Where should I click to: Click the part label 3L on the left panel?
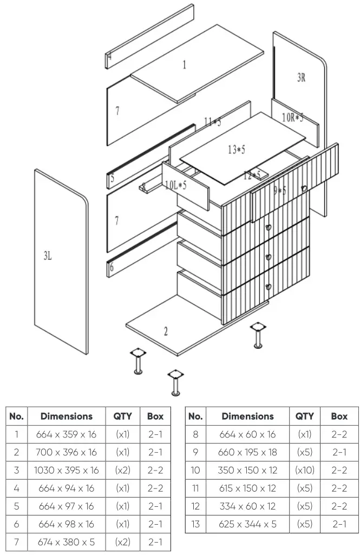coord(48,256)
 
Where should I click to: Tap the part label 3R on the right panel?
coord(301,77)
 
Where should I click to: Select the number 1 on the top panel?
coord(184,64)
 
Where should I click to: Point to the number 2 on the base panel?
coord(166,331)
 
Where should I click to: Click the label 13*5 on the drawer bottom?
coord(236,149)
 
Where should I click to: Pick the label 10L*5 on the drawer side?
coord(176,185)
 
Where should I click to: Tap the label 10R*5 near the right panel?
coord(292,117)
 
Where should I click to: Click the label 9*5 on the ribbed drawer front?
coord(279,190)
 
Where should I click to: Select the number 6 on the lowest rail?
coord(112,267)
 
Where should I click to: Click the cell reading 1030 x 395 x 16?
coord(66,470)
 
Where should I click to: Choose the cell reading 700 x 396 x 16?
coord(66,452)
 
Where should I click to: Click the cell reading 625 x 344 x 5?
coord(247,524)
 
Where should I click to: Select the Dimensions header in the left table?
coord(66,416)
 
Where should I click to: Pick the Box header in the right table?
coord(339,416)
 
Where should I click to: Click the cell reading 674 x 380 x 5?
coord(66,541)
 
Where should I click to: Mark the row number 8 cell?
coord(195,434)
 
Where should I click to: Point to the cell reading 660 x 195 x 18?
coord(247,452)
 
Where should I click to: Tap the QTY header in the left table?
coord(122,416)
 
